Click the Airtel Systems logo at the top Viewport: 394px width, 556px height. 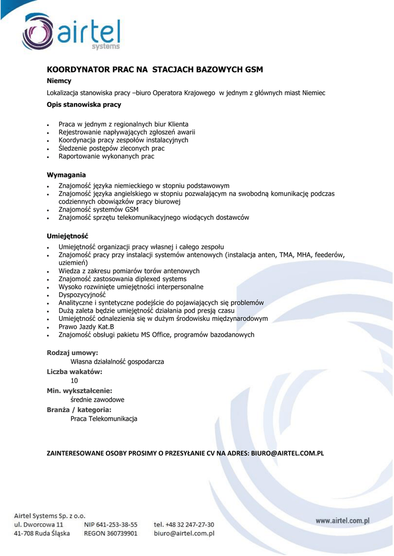pos(71,33)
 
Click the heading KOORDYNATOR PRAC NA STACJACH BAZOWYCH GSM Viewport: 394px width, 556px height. pos(155,69)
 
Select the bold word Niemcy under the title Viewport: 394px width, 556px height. pos(59,81)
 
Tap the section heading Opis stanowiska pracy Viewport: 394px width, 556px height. pos(84,104)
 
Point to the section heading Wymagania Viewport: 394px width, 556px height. pos(66,175)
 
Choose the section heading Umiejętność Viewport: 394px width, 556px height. pos(67,236)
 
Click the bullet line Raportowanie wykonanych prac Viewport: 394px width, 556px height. pos(107,156)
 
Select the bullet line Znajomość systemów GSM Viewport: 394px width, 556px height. pos(98,210)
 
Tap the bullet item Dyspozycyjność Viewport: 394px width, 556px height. pos(82,295)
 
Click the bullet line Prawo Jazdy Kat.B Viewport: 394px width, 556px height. pos(86,327)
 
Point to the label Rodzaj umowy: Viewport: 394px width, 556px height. pos(72,353)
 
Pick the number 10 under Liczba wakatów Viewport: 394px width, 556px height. pos(74,381)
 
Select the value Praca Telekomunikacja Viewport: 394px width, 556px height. pos(104,419)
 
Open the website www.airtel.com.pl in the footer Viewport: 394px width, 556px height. pos(342,521)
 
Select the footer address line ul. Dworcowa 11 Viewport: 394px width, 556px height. pos(39,525)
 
